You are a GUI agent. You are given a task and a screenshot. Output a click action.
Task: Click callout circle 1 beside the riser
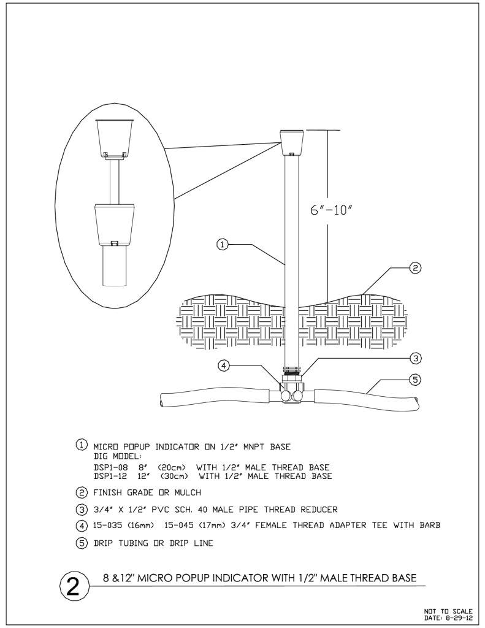tap(223, 244)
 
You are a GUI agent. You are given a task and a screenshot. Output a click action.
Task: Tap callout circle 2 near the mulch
tap(415, 268)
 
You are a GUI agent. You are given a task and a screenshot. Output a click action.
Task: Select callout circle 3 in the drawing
tap(416, 358)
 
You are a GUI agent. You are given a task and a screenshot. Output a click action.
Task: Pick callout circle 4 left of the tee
tap(224, 366)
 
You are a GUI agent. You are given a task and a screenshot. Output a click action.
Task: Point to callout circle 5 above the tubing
tap(416, 379)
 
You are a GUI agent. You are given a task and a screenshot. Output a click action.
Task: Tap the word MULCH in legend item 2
tap(188, 492)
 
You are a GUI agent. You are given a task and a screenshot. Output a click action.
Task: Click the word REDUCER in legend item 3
tap(319, 510)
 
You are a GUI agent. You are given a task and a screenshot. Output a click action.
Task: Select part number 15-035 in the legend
tap(107, 525)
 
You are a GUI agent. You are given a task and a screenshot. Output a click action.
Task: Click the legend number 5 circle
tap(82, 543)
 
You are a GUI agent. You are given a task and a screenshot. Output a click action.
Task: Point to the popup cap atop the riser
tap(292, 142)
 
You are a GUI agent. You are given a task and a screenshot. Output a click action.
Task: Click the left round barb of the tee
tap(286, 396)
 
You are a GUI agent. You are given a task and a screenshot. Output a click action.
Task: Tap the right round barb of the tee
tap(298, 396)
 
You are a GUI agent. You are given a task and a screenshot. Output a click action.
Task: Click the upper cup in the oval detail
tap(115, 138)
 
